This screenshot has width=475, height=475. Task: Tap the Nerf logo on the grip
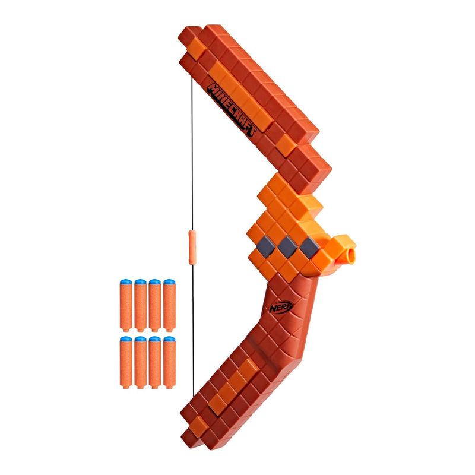pyautogui.click(x=281, y=307)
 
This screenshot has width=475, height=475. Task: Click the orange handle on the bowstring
pyautogui.click(x=192, y=247)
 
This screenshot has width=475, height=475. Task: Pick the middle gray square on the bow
pyautogui.click(x=287, y=247)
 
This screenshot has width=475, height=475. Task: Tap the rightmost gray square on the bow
pyautogui.click(x=309, y=247)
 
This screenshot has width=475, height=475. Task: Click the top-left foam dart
pyautogui.click(x=126, y=305)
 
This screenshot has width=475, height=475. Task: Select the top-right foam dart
pyautogui.click(x=169, y=305)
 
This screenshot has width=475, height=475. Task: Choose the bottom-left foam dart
pyautogui.click(x=126, y=362)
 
